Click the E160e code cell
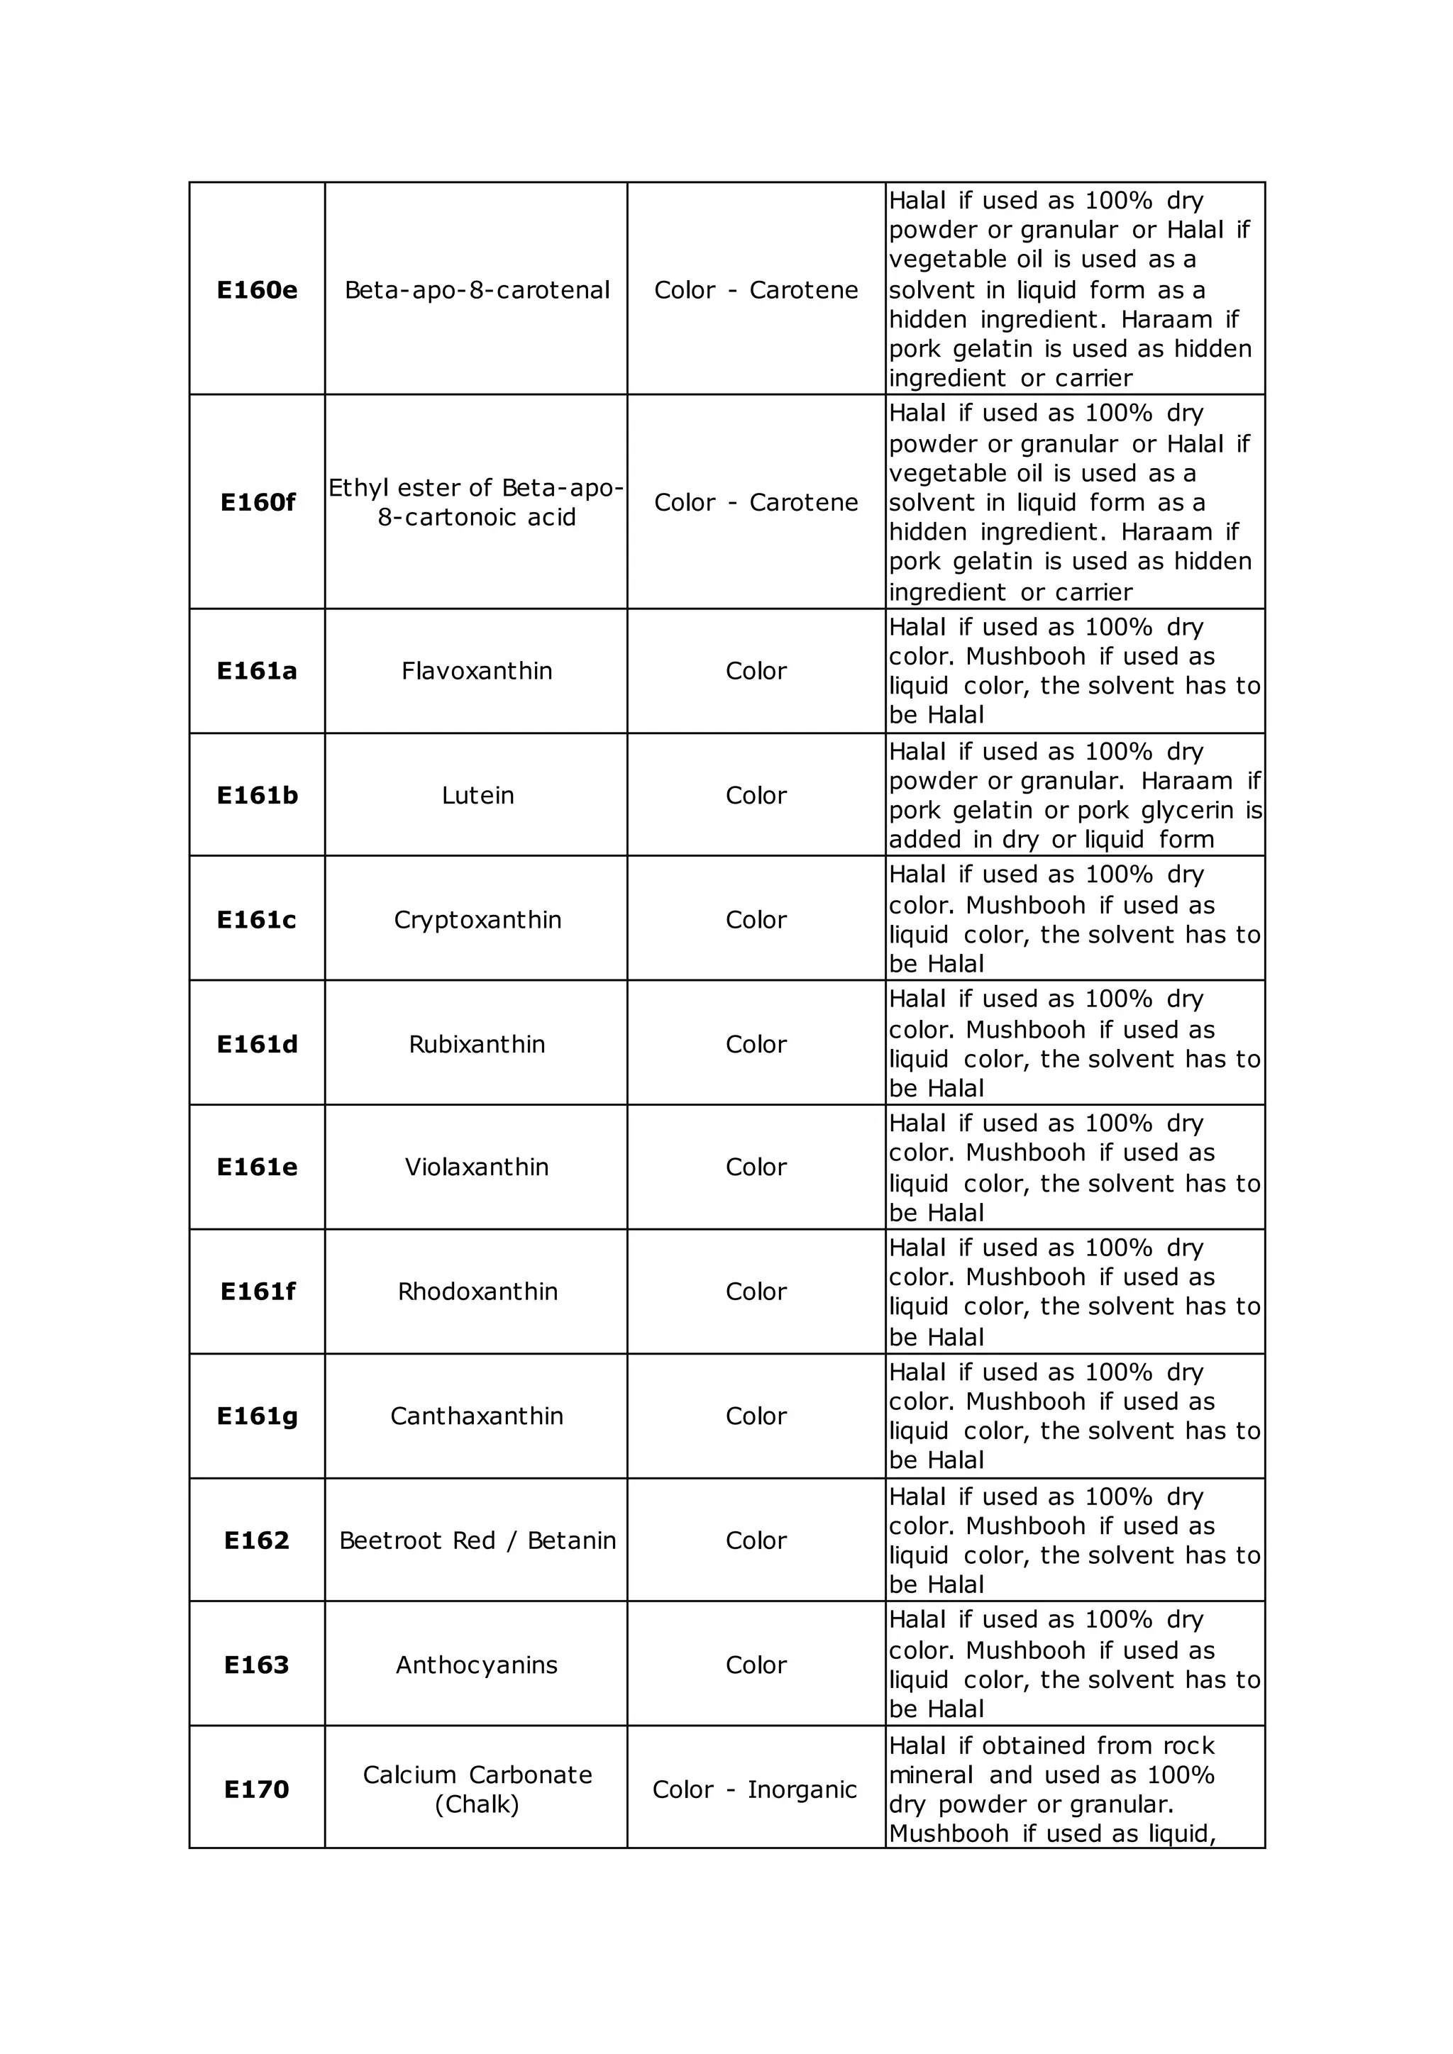[x=257, y=290]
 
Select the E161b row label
[x=257, y=795]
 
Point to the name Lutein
[x=477, y=795]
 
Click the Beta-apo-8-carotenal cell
[x=477, y=290]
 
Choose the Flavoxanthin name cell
[x=477, y=671]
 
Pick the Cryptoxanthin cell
[x=477, y=920]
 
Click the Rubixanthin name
[x=477, y=1044]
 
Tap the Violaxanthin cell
[x=477, y=1167]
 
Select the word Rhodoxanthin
[x=477, y=1291]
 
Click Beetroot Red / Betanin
[x=477, y=1540]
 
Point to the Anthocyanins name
[x=477, y=1664]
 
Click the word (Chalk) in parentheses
[x=477, y=1804]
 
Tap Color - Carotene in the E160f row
[x=756, y=502]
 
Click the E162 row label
[x=257, y=1540]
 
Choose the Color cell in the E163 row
[x=756, y=1664]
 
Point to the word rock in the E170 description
[x=1189, y=1745]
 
